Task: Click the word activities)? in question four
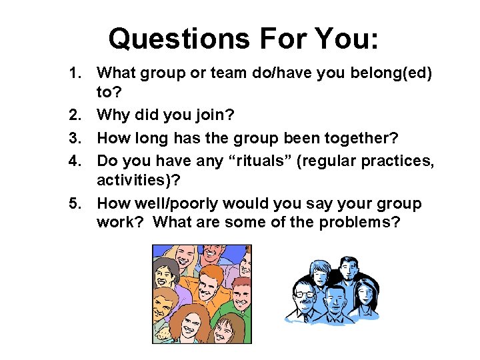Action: click(x=141, y=180)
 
